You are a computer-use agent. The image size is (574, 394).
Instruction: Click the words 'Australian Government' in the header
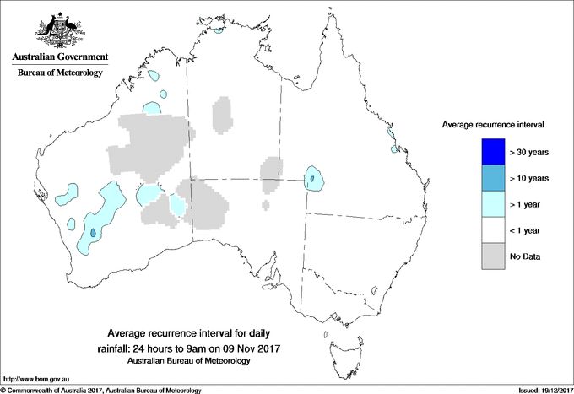tap(59, 57)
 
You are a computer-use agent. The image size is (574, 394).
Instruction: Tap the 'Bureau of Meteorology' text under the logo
tap(59, 73)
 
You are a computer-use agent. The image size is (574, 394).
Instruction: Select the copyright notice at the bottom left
tap(101, 389)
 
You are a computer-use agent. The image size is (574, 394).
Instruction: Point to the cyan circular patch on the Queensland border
tap(314, 179)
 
